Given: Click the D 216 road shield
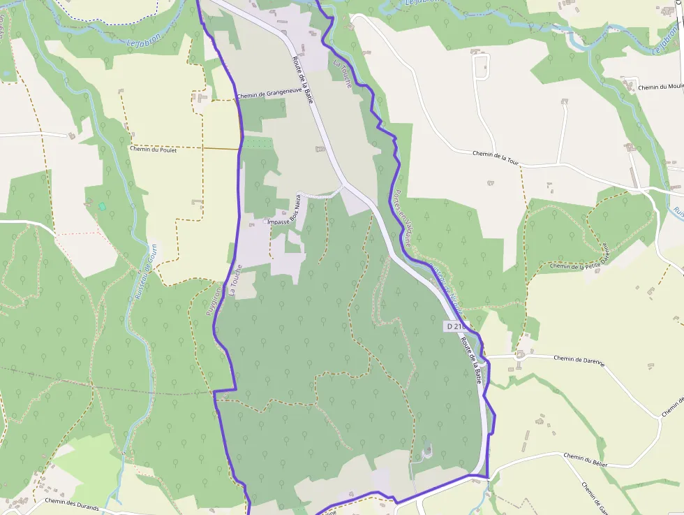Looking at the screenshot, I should [454, 326].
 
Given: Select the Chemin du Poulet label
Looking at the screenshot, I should [153, 149].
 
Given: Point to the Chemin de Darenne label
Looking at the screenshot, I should [579, 359].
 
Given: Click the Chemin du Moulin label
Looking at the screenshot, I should [660, 87].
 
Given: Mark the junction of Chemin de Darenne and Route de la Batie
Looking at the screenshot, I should [487, 357].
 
